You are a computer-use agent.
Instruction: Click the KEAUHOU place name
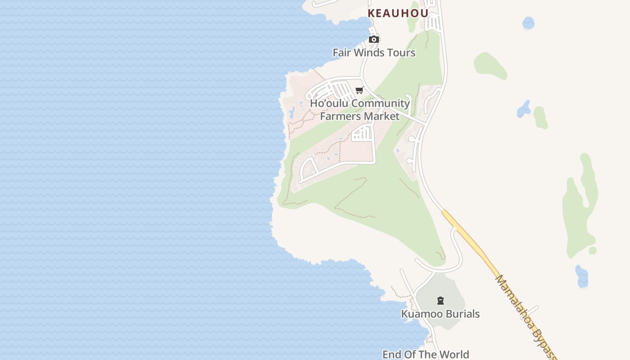coord(398,13)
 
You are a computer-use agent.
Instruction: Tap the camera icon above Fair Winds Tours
coord(373,40)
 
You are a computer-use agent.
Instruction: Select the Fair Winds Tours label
coord(374,53)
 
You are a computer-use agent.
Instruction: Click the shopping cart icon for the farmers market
coord(359,90)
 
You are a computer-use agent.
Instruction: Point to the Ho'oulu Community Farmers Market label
coord(360,110)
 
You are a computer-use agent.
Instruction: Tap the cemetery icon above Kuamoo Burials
coord(441,301)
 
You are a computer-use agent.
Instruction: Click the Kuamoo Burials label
coord(440,314)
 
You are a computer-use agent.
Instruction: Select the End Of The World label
coord(426,355)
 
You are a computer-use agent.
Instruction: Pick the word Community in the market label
coord(381,103)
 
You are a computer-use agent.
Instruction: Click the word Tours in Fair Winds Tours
coord(401,53)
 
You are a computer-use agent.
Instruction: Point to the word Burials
coord(462,314)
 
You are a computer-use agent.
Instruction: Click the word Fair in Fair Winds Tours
coord(342,53)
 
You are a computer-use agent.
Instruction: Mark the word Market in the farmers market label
coord(382,116)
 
